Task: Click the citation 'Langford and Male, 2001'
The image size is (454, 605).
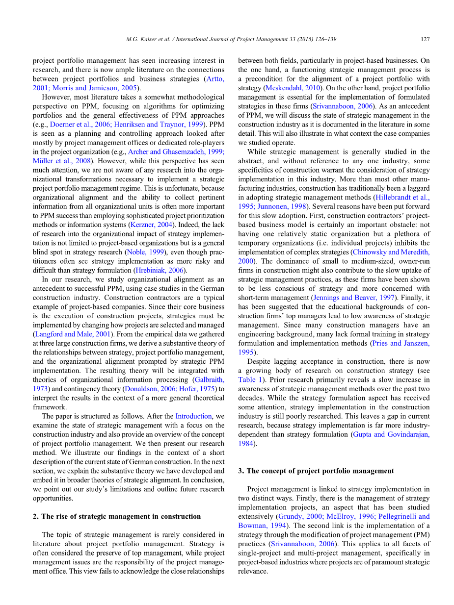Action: [73, 334]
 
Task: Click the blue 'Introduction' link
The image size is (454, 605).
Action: [193, 416]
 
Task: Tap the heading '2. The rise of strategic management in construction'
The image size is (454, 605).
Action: [117, 516]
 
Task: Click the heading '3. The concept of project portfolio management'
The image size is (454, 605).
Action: [316, 471]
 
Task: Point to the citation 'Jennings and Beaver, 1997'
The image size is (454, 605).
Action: [352, 298]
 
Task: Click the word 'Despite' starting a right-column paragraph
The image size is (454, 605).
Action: [260, 361]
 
